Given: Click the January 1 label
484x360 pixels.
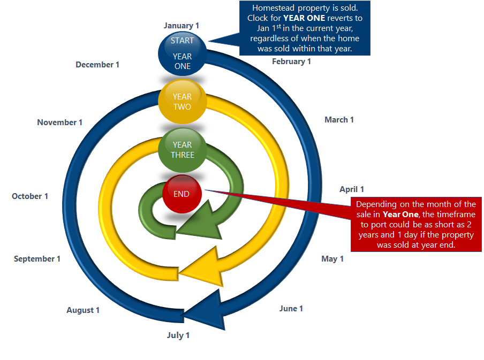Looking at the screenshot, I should click(182, 26).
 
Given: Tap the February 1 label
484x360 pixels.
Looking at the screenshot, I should click(291, 62).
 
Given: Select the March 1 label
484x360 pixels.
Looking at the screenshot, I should click(339, 120).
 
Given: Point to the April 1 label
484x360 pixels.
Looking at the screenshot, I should click(352, 189).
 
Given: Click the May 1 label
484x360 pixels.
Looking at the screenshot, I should click(332, 259).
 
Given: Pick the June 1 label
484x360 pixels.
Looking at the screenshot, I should click(291, 309).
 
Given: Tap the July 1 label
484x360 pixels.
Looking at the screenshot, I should click(178, 335).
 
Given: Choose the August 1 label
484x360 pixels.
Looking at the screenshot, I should click(83, 310).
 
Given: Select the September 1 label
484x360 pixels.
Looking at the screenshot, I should click(37, 259).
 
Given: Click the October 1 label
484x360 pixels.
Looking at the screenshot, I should click(30, 196).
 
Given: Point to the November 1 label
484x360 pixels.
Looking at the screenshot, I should click(60, 122).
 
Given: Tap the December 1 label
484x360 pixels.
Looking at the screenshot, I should click(97, 65).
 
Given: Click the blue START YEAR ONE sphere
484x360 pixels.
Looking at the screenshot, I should click(182, 53).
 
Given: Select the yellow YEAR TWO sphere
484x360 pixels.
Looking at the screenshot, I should click(182, 102).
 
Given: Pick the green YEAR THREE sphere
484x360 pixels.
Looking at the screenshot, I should click(182, 150).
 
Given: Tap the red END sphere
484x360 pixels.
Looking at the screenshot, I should click(182, 194).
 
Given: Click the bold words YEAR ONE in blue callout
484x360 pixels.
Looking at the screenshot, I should click(304, 18).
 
